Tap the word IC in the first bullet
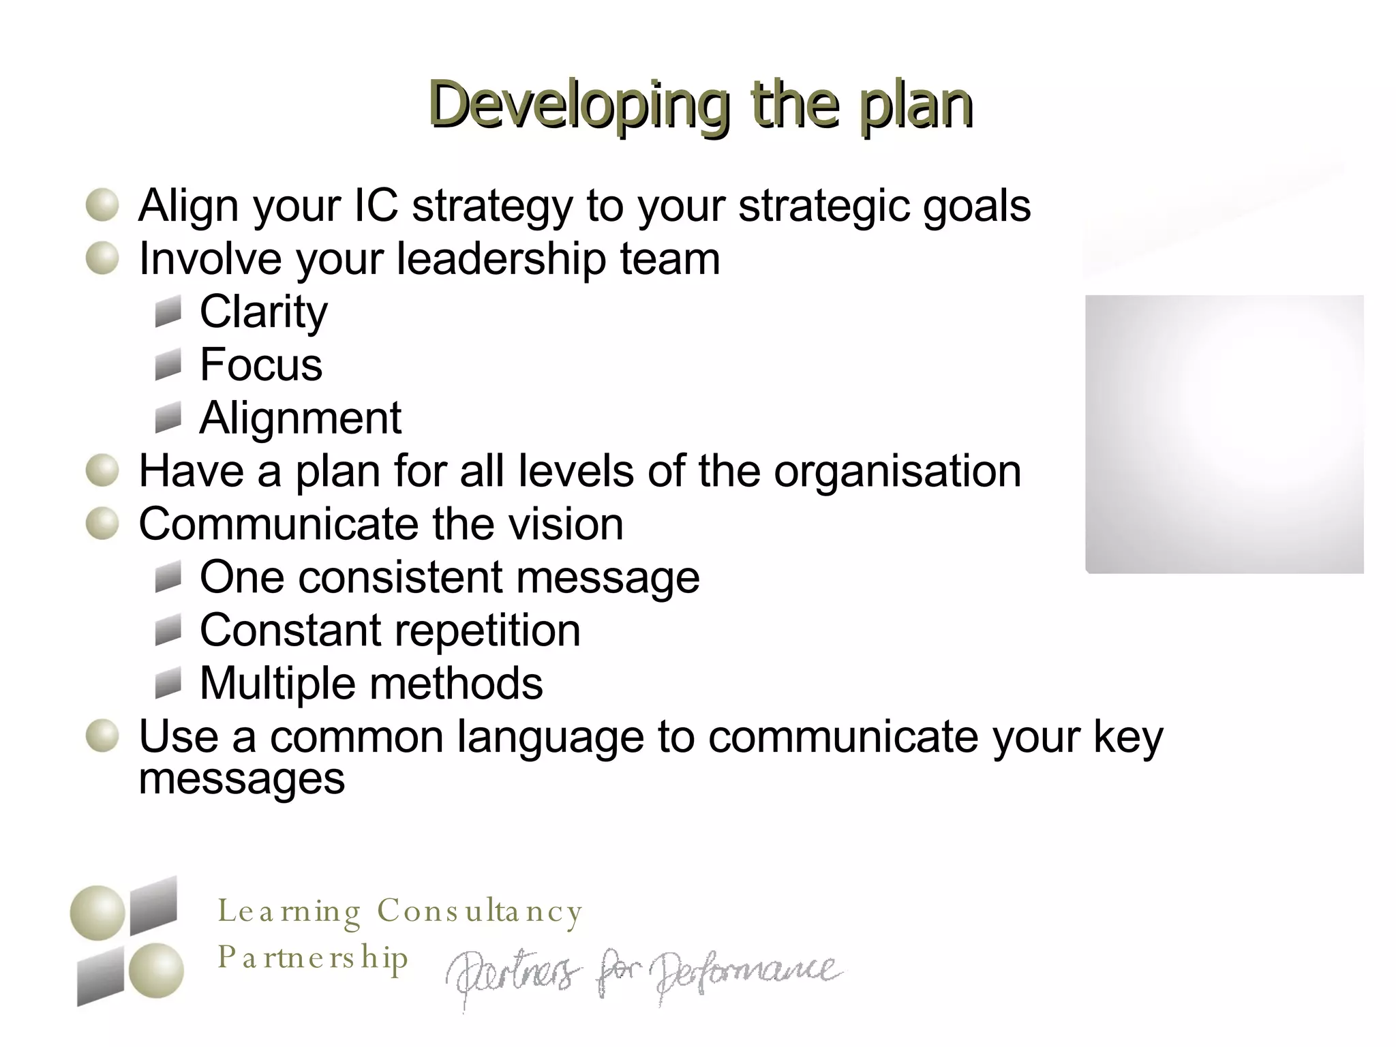coord(376,205)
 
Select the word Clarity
coord(264,312)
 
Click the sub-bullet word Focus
coord(261,365)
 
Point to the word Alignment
coord(301,418)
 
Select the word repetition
coord(483,631)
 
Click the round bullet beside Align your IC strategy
coord(103,205)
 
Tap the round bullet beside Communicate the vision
coord(103,524)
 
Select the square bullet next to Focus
coord(168,365)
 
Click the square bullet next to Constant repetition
coord(168,631)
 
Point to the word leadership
coord(501,259)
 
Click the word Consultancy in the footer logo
coord(480,911)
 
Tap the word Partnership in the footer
coord(313,958)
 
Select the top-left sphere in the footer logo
coord(97,913)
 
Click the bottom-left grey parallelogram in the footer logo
coord(100,977)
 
